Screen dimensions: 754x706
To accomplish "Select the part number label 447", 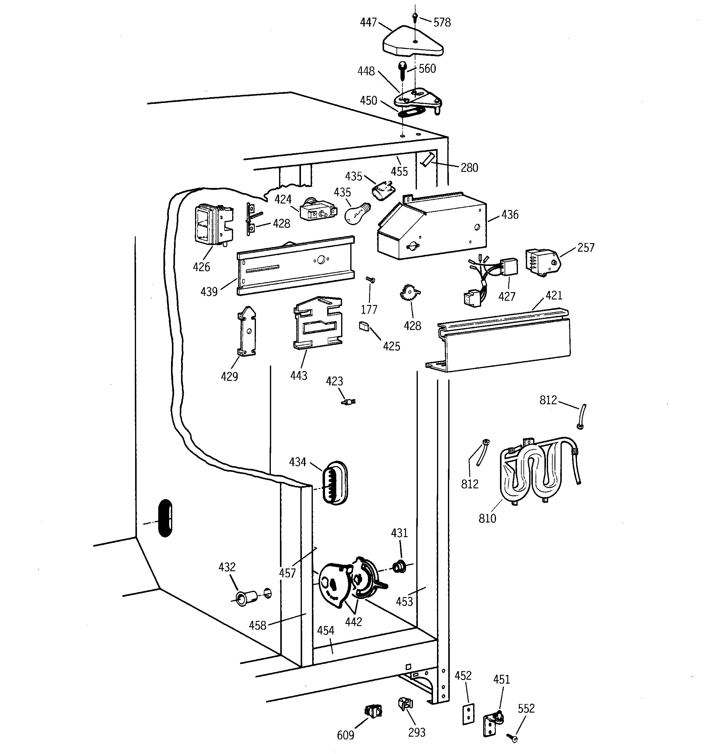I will click(368, 23).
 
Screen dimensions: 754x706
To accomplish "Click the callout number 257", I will click(585, 248).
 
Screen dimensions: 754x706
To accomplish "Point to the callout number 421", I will click(554, 296).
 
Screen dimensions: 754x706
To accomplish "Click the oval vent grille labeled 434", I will click(334, 483).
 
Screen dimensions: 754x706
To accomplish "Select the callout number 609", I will click(345, 735).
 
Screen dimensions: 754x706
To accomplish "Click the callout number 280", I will click(469, 168).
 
